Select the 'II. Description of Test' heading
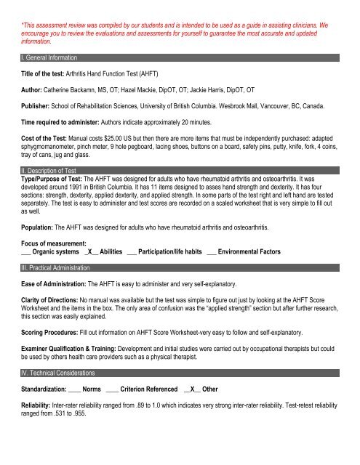coord(51,171)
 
